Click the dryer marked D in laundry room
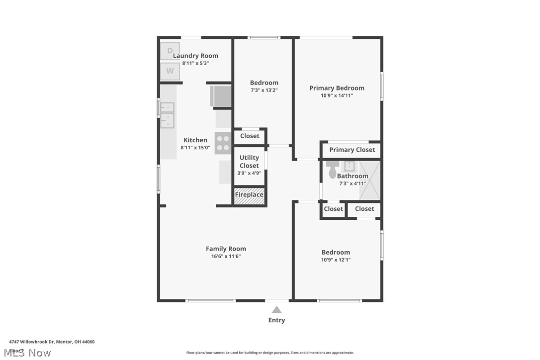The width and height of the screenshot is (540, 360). pyautogui.click(x=170, y=51)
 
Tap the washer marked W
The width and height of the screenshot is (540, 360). pyautogui.click(x=170, y=71)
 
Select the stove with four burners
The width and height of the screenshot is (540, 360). pyautogui.click(x=223, y=143)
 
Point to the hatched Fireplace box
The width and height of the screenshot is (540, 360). pyautogui.click(x=249, y=195)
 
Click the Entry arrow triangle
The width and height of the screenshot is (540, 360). pyautogui.click(x=276, y=310)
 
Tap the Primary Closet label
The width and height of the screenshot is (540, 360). pyautogui.click(x=352, y=150)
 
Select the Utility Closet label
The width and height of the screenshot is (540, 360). pyautogui.click(x=249, y=162)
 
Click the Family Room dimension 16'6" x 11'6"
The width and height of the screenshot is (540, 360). pyautogui.click(x=226, y=257)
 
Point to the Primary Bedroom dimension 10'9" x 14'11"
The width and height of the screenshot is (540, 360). pyautogui.click(x=337, y=95)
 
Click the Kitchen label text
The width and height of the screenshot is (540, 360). pyautogui.click(x=195, y=140)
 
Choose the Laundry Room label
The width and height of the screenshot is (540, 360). pyautogui.click(x=195, y=56)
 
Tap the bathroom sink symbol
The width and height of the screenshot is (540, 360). pyautogui.click(x=349, y=166)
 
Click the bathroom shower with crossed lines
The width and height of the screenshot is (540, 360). pyautogui.click(x=369, y=180)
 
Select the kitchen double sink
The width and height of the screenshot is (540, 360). pyautogui.click(x=167, y=114)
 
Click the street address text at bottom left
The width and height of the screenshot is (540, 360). pyautogui.click(x=52, y=342)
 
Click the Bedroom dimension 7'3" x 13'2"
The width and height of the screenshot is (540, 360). pyautogui.click(x=264, y=90)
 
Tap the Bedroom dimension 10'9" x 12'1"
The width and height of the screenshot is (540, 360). pyautogui.click(x=336, y=260)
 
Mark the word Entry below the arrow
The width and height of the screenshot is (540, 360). pyautogui.click(x=276, y=320)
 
